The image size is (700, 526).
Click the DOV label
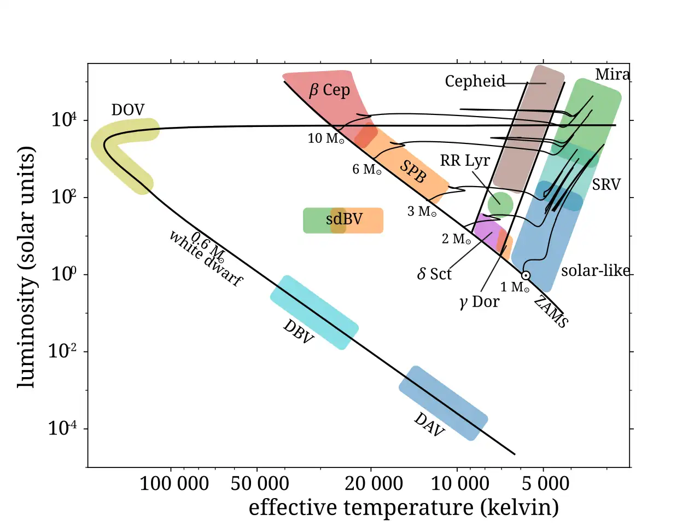pyautogui.click(x=127, y=110)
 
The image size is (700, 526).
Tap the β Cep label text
pyautogui.click(x=329, y=90)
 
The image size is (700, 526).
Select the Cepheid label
pyautogui.click(x=475, y=82)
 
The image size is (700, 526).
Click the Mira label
pyautogui.click(x=612, y=74)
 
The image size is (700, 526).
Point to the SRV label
pyautogui.click(x=606, y=184)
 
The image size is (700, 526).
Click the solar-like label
pyautogui.click(x=595, y=270)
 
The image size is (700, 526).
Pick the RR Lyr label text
pyautogui.click(x=464, y=160)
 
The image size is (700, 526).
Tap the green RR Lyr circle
pyautogui.click(x=500, y=204)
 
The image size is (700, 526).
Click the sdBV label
pyautogui.click(x=344, y=219)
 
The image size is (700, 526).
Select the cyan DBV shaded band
pyautogui.click(x=314, y=313)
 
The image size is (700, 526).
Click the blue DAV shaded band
pyautogui.click(x=443, y=403)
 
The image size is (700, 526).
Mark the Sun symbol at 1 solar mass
pyautogui.click(x=526, y=275)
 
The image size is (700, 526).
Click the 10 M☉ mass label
pyautogui.click(x=326, y=138)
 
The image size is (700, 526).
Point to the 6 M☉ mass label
pyautogui.click(x=366, y=170)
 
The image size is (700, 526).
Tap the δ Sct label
pyautogui.click(x=434, y=274)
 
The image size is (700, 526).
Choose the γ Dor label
pyautogui.click(x=479, y=302)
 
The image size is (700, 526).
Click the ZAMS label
pyautogui.click(x=551, y=311)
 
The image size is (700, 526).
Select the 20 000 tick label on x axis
pyautogui.click(x=374, y=483)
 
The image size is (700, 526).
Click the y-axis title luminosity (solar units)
pyautogui.click(x=26, y=267)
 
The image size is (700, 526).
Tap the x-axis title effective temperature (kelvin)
pyautogui.click(x=404, y=507)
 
